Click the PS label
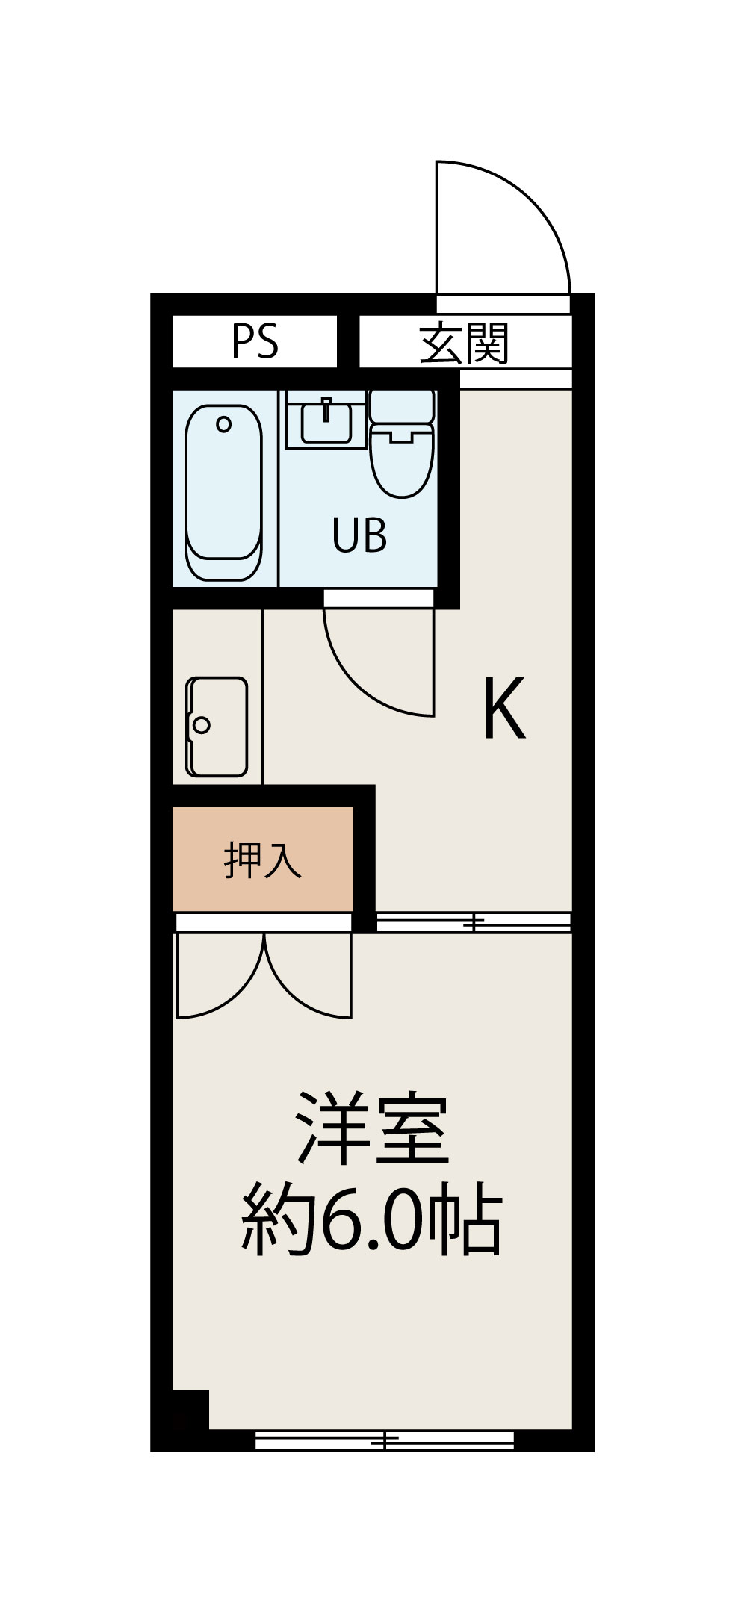coord(255,341)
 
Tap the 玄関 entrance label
coord(464,343)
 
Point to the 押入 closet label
coord(262,860)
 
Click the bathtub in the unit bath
coord(224,493)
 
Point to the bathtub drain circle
coord(223,425)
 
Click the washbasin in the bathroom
coord(326,421)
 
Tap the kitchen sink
coord(217,727)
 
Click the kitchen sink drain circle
coord(201,724)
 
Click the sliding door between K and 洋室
coord(474,923)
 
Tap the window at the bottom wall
coord(385,1440)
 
